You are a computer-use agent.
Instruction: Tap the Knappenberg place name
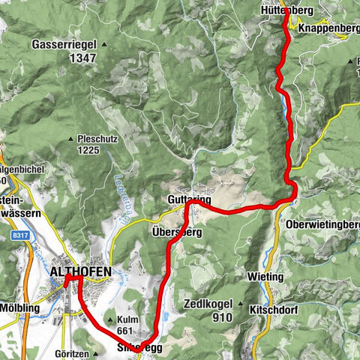click(x=328, y=28)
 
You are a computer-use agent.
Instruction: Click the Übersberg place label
click(x=177, y=232)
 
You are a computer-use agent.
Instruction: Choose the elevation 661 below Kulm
click(x=125, y=330)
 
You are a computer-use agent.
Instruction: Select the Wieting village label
click(x=265, y=277)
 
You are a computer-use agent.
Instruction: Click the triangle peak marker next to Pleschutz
click(x=70, y=139)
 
